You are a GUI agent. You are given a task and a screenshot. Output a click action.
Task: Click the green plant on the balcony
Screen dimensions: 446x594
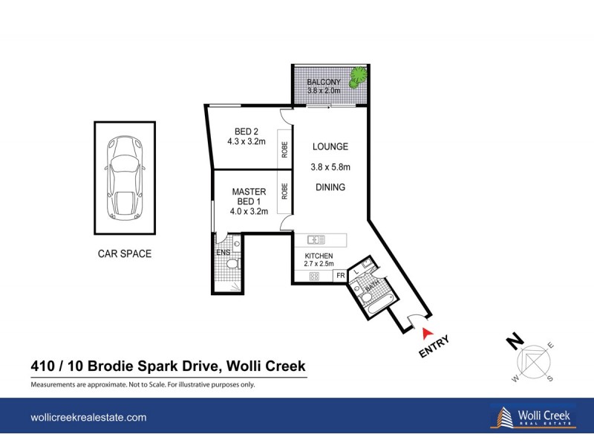[x=359, y=75]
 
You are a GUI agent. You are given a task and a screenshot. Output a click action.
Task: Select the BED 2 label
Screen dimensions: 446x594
[x=246, y=132]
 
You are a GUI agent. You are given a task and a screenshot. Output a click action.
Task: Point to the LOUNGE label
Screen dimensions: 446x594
[x=330, y=147]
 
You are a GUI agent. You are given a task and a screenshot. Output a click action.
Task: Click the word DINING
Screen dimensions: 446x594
[x=330, y=187]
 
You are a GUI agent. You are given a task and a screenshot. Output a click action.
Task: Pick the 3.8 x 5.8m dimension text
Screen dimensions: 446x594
[x=330, y=167]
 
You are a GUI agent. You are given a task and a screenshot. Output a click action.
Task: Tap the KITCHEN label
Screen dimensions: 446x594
[x=319, y=256]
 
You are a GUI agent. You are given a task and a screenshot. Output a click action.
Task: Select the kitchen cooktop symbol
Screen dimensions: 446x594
[x=313, y=277]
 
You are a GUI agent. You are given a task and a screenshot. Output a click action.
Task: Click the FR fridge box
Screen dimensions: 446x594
[x=340, y=277]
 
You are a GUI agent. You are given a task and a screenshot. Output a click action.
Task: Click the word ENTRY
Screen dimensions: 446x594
[x=434, y=348]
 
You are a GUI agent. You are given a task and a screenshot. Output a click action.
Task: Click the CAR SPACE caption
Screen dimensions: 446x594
[x=125, y=253]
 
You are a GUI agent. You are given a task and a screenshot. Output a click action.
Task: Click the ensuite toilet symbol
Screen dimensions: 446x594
[x=231, y=263]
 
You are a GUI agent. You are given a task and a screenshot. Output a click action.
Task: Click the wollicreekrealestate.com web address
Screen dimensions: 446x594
[x=88, y=418]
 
